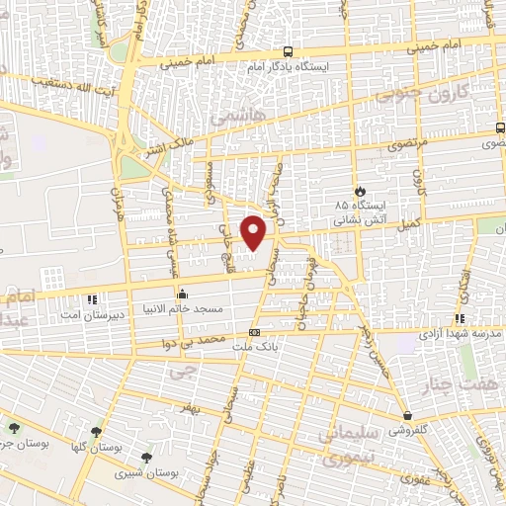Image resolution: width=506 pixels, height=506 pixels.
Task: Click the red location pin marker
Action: click(x=256, y=231)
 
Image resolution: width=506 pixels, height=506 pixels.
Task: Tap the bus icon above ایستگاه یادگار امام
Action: click(x=287, y=51)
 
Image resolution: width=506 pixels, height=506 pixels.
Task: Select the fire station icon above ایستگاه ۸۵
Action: click(x=360, y=190)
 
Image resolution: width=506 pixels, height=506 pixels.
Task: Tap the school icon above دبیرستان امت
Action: click(x=92, y=298)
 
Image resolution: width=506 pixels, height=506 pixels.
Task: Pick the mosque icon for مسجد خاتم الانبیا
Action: click(x=182, y=295)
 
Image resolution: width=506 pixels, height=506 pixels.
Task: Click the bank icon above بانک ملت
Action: click(x=255, y=332)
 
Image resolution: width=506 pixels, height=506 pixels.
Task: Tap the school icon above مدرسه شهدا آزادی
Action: click(x=459, y=318)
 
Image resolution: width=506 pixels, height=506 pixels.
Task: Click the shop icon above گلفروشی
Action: click(x=407, y=415)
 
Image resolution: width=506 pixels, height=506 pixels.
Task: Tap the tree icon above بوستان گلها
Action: click(x=96, y=432)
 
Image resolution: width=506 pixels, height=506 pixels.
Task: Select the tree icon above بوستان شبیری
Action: click(x=147, y=458)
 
